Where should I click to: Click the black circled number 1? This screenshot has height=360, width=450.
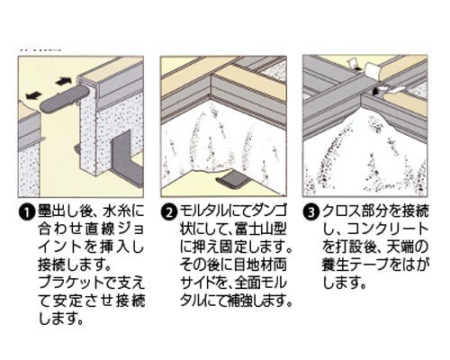(x=27, y=212)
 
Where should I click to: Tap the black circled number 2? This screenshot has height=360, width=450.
(x=169, y=212)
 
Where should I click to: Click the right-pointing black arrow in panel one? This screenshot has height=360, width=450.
(x=64, y=81)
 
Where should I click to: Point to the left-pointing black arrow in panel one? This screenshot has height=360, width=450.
(x=34, y=95)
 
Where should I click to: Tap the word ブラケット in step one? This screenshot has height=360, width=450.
(x=70, y=283)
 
